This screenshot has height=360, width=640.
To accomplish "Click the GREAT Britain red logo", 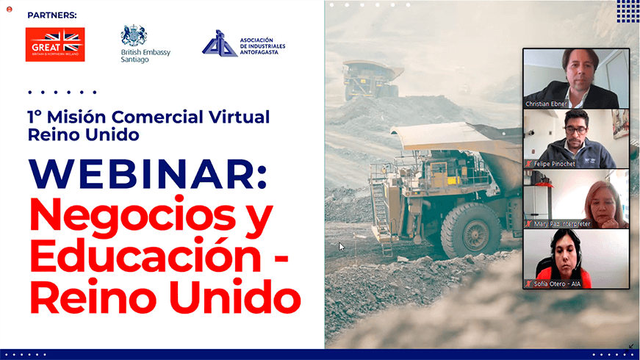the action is tap(55, 45).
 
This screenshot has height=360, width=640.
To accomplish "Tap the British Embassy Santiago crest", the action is tap(134, 36).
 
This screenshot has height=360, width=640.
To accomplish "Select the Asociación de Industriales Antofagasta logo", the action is tap(244, 43).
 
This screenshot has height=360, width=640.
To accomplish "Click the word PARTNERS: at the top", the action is tap(52, 15).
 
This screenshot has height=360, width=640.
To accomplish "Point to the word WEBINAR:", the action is tap(148, 174).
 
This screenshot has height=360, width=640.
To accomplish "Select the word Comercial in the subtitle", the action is tap(157, 117).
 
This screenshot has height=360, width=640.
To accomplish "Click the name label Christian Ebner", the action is tap(546, 104).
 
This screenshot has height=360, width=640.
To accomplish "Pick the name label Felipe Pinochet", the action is tap(554, 164).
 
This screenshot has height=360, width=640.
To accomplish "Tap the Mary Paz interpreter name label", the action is tap(562, 223).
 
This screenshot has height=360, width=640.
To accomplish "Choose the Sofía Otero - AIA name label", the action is tap(557, 284).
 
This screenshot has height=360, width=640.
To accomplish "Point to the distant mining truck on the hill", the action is tap(372, 80).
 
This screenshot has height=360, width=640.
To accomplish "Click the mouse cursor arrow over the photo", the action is tap(341, 247).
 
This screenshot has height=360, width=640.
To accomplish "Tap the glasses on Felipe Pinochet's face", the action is tap(576, 130).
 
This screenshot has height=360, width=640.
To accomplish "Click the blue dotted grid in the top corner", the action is tap(628, 11).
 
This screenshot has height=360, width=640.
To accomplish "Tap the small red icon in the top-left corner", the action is tap(10, 9).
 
